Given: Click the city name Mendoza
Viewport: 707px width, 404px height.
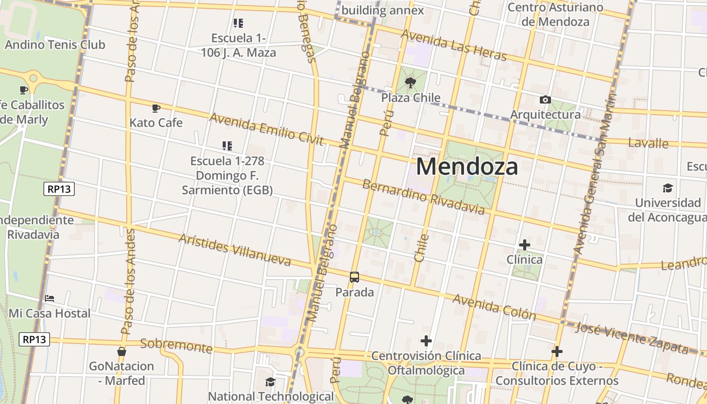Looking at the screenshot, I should [x=467, y=166].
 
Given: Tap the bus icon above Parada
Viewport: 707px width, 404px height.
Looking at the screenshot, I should [x=355, y=277].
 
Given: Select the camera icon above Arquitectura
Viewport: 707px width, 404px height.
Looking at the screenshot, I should [x=545, y=99].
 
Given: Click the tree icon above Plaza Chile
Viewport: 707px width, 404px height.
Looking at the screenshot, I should [x=411, y=82].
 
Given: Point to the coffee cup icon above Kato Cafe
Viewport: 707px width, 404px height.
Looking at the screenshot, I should [x=156, y=108].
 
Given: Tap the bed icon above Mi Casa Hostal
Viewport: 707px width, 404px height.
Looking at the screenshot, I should [x=49, y=298].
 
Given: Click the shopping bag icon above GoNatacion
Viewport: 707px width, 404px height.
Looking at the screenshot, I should [x=121, y=351].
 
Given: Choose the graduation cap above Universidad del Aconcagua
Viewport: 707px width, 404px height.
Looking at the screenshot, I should [x=668, y=188].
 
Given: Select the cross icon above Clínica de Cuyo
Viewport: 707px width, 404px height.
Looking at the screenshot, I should [x=557, y=351].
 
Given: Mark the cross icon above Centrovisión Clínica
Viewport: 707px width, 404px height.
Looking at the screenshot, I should [x=426, y=341].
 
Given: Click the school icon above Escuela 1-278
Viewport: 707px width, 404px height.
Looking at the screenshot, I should [x=227, y=146].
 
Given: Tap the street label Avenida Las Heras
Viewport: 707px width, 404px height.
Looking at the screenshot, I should [x=453, y=45].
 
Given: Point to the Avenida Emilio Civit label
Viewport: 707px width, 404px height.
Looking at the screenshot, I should [x=266, y=129].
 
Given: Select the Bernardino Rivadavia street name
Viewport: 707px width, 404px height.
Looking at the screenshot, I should [x=423, y=196].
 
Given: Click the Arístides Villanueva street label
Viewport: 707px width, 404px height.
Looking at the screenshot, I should [x=235, y=249].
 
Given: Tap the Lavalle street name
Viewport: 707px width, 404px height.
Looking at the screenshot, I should [x=648, y=143].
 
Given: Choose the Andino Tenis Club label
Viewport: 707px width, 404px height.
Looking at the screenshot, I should [x=55, y=44].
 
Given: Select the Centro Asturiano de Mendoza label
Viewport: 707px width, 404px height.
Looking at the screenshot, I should [x=555, y=15].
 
